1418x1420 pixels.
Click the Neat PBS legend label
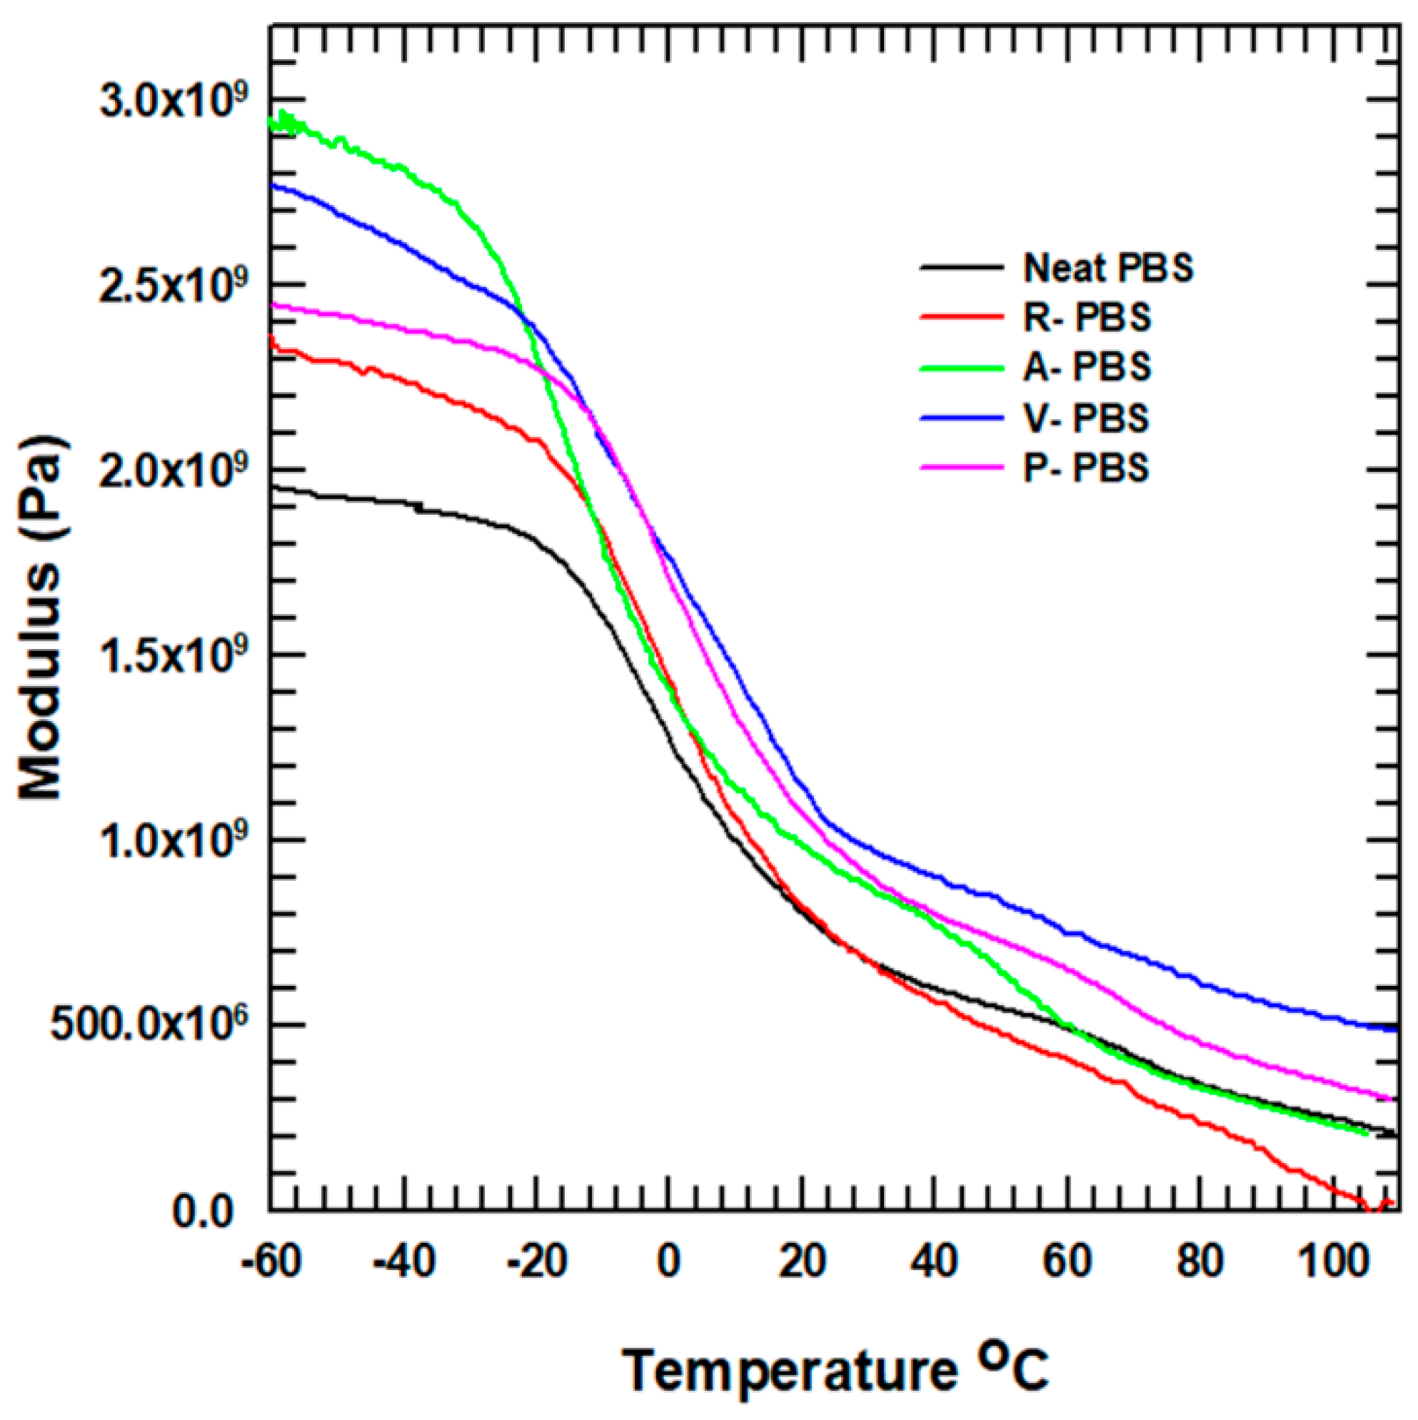pyautogui.click(x=1108, y=268)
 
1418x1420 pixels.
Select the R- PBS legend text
pyautogui.click(x=1087, y=318)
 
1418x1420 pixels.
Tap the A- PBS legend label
pyautogui.click(x=1087, y=367)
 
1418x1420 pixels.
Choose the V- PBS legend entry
pyautogui.click(x=1086, y=418)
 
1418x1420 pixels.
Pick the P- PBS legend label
pyautogui.click(x=1086, y=468)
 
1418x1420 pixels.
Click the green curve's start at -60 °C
pyautogui.click(x=272, y=124)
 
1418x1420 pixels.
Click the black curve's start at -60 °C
pyautogui.click(x=272, y=488)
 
